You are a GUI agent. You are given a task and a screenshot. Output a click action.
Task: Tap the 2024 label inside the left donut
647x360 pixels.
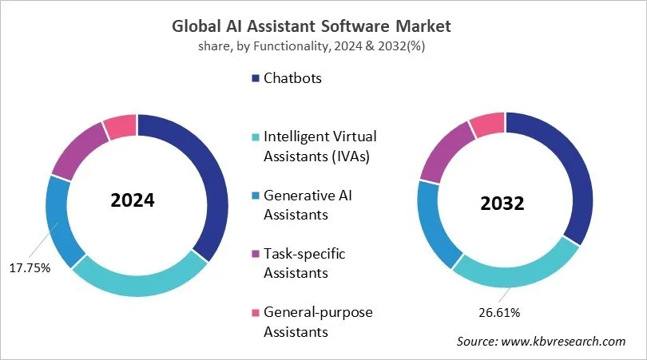click(133, 200)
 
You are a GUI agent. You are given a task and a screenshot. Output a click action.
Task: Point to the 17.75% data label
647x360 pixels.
click(31, 268)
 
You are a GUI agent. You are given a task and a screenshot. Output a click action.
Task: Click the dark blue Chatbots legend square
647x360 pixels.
click(256, 78)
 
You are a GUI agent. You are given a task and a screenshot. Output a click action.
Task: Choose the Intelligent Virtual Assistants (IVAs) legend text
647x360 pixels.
click(320, 145)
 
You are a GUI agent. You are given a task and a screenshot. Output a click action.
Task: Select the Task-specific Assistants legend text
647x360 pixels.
click(308, 263)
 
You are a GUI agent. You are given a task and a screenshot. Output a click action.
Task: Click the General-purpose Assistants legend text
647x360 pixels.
click(318, 321)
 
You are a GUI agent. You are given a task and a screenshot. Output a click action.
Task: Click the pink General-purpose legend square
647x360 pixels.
click(256, 312)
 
